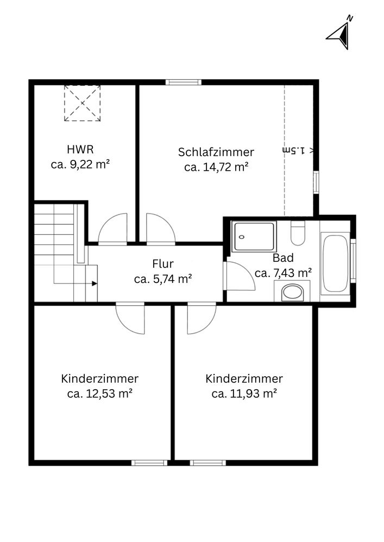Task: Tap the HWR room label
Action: click(x=80, y=150)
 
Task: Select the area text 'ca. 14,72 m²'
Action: click(x=216, y=167)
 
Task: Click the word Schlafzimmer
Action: click(x=216, y=152)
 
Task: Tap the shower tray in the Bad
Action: click(x=254, y=236)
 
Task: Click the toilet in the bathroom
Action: click(x=298, y=233)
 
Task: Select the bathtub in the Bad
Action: click(x=335, y=264)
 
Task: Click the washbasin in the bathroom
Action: click(x=292, y=292)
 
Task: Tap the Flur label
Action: click(x=163, y=264)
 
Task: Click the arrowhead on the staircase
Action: click(x=95, y=283)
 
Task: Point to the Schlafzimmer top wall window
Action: click(x=183, y=82)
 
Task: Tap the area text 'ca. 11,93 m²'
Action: click(x=244, y=393)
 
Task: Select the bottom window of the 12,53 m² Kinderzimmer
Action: click(x=149, y=463)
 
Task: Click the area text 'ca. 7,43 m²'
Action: click(x=283, y=273)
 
